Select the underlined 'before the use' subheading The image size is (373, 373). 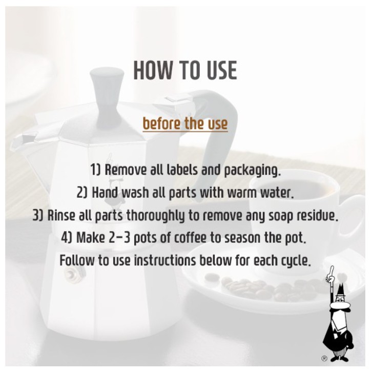pyautogui.click(x=185, y=123)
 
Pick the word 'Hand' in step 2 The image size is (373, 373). pyautogui.click(x=105, y=193)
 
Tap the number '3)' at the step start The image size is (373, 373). pyautogui.click(x=38, y=215)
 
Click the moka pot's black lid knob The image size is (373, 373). pyautogui.click(x=107, y=95)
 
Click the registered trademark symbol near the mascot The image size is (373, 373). pyautogui.click(x=324, y=358)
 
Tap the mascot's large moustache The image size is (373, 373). pyautogui.click(x=340, y=306)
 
